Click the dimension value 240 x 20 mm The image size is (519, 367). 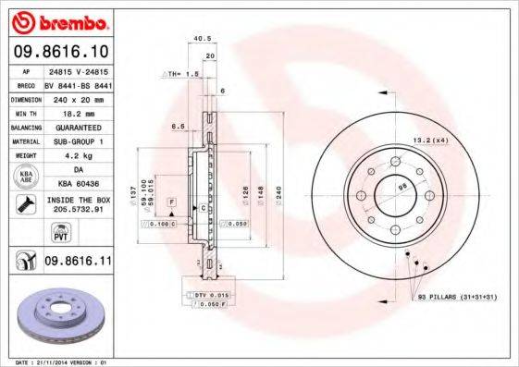79,97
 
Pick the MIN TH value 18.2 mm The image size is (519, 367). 79,112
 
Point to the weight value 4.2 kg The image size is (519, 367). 79,156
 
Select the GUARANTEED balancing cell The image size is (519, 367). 79,127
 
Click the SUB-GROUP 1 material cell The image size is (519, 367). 79,141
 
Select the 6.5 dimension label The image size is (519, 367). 179,126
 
